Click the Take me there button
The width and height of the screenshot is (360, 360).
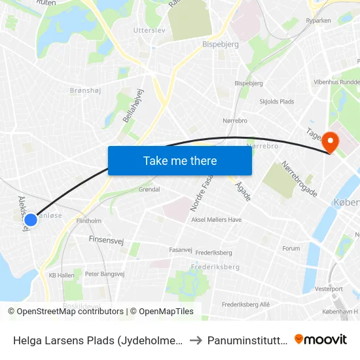click(180, 160)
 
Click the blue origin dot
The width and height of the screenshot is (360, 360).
click(30, 221)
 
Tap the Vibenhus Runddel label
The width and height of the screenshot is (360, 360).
click(336, 82)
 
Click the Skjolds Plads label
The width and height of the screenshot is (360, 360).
click(277, 101)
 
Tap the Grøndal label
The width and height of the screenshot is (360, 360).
click(149, 189)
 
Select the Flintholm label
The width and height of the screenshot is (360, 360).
click(89, 221)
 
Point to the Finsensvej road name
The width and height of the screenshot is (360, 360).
click(106, 240)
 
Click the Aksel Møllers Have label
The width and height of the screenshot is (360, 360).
click(216, 220)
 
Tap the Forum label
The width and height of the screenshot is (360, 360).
click(291, 249)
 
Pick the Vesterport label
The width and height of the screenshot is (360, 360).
click(328, 288)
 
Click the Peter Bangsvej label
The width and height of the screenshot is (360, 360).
click(105, 274)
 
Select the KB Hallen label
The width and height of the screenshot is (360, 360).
click(62, 276)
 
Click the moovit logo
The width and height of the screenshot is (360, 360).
click(320, 339)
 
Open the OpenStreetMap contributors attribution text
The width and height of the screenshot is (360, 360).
click(66, 312)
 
